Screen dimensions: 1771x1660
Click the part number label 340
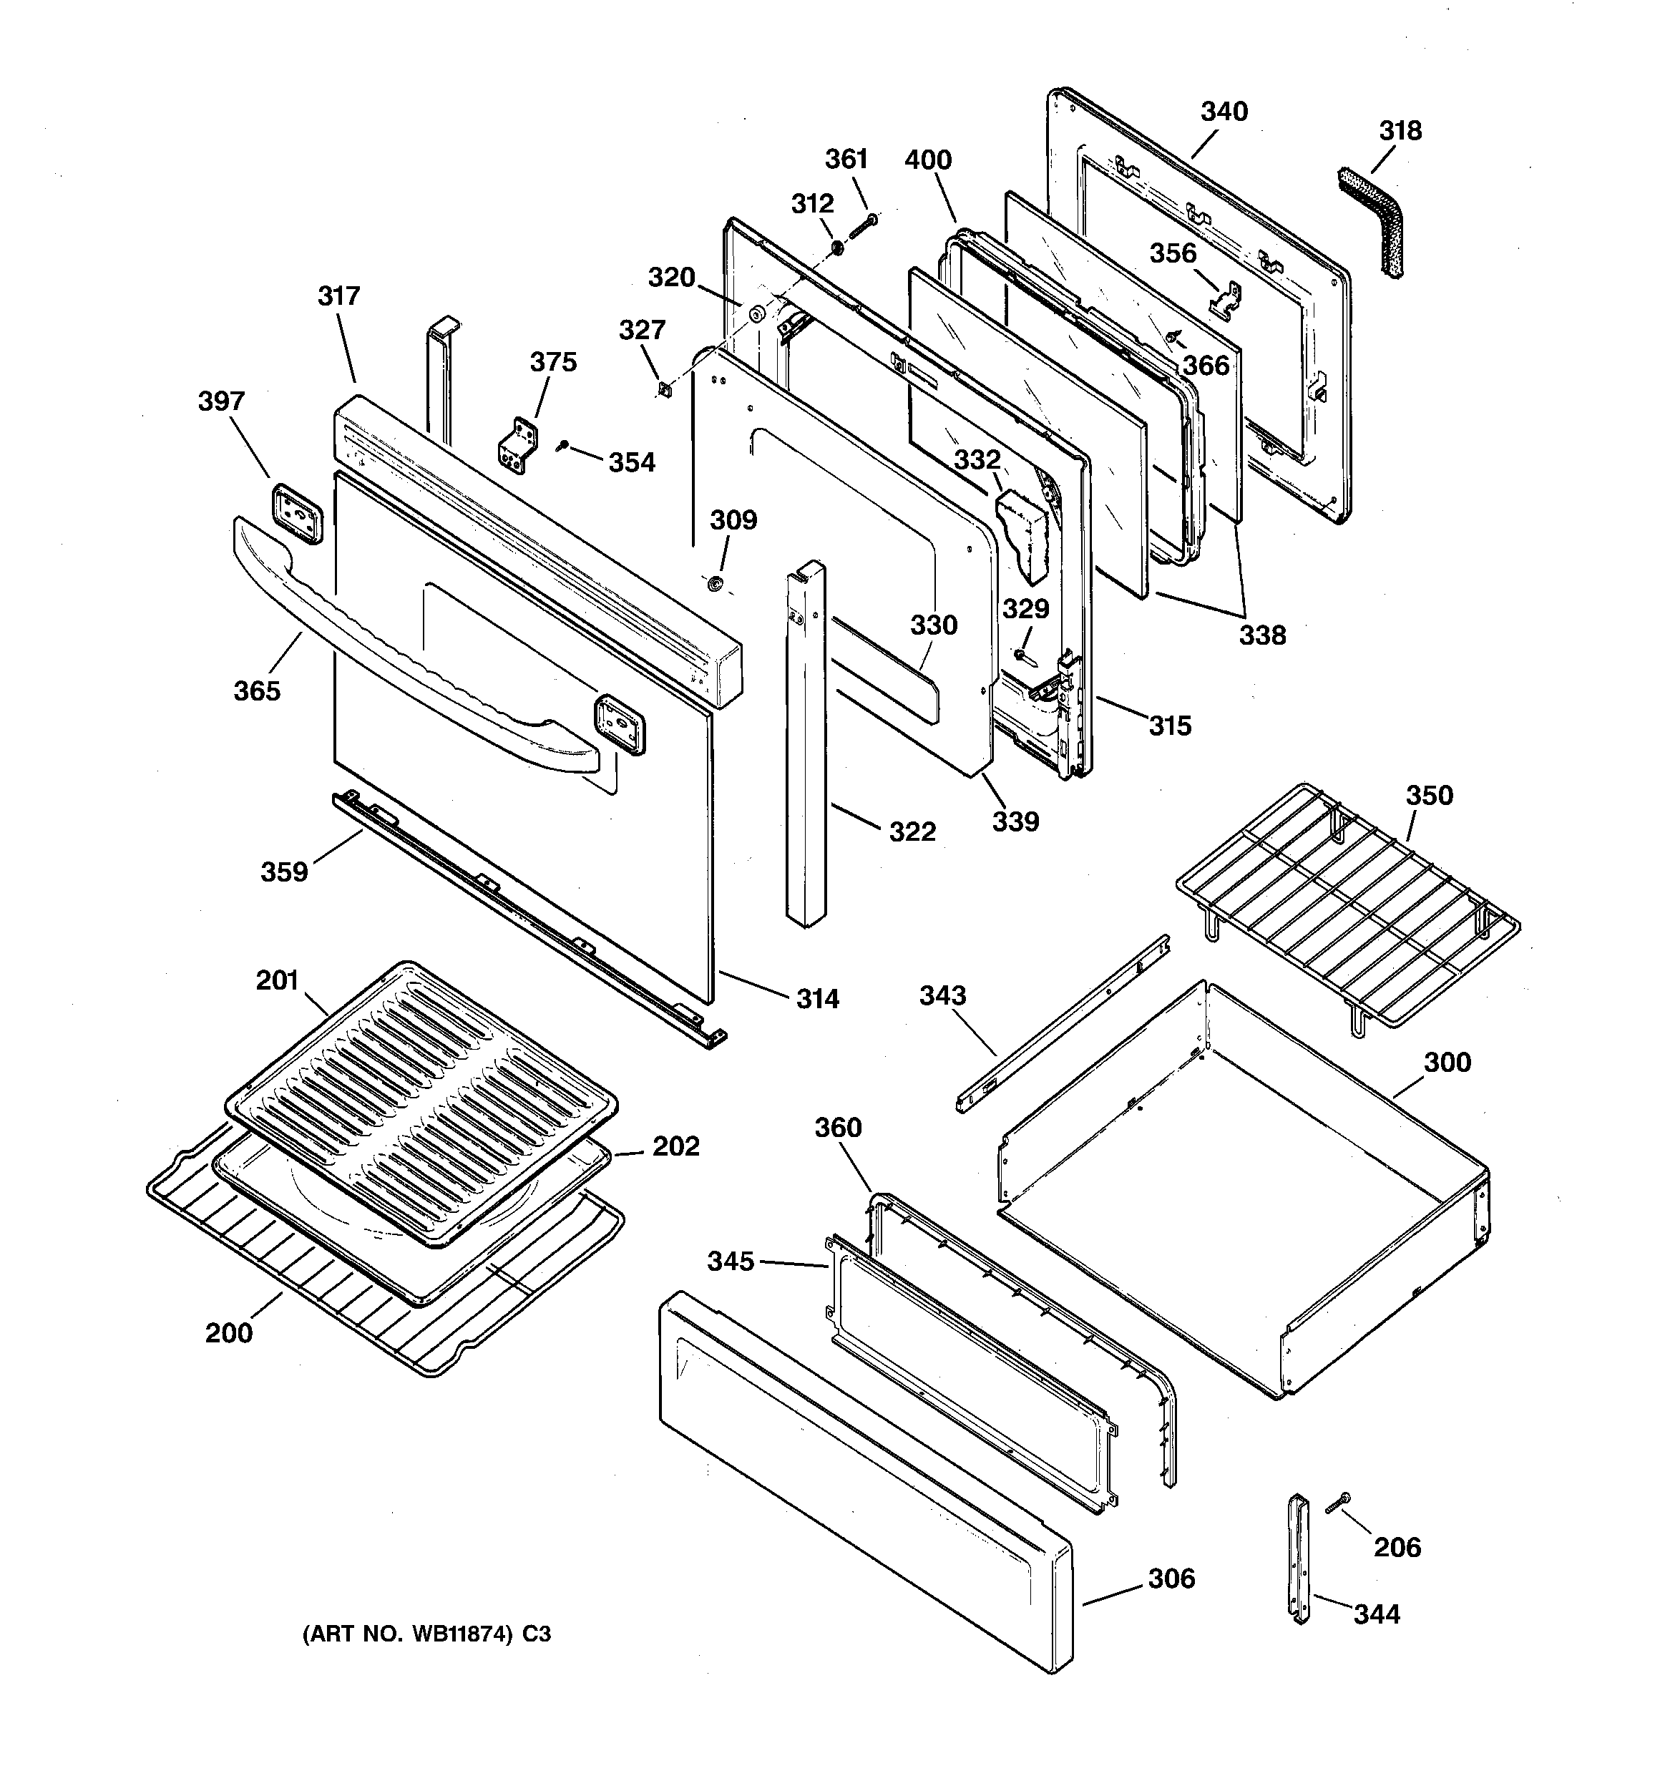(x=1224, y=112)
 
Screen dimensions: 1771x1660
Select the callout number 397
(x=221, y=401)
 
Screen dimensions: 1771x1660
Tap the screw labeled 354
(x=562, y=445)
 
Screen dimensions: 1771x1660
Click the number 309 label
(x=733, y=520)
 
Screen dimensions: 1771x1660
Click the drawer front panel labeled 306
(x=864, y=1483)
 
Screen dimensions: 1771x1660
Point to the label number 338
(x=1263, y=635)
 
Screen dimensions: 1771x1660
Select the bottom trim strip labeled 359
(x=526, y=917)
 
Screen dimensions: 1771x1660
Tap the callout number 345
(x=731, y=1262)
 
